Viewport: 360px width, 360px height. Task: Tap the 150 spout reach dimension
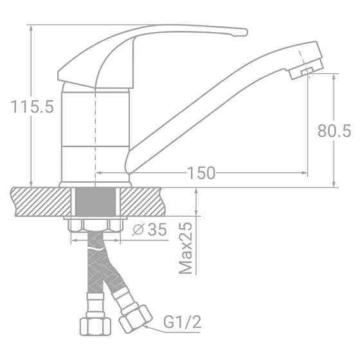coord(201,173)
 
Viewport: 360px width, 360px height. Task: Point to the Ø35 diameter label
coord(148,230)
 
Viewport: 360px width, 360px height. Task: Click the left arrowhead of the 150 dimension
coord(99,173)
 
